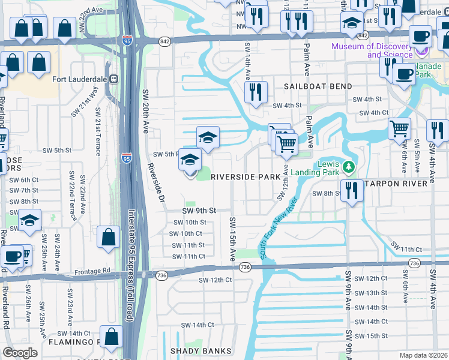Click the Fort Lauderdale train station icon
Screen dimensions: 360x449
pos(113,79)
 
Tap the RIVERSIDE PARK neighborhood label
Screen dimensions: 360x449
pos(245,177)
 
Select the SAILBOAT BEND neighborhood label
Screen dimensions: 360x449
pos(318,86)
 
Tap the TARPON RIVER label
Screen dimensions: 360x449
pos(399,182)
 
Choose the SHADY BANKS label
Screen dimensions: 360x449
pos(200,350)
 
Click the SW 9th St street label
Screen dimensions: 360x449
pos(198,211)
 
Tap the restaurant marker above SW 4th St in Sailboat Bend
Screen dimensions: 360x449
pos(256,92)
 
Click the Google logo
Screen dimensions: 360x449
pos(20,352)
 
